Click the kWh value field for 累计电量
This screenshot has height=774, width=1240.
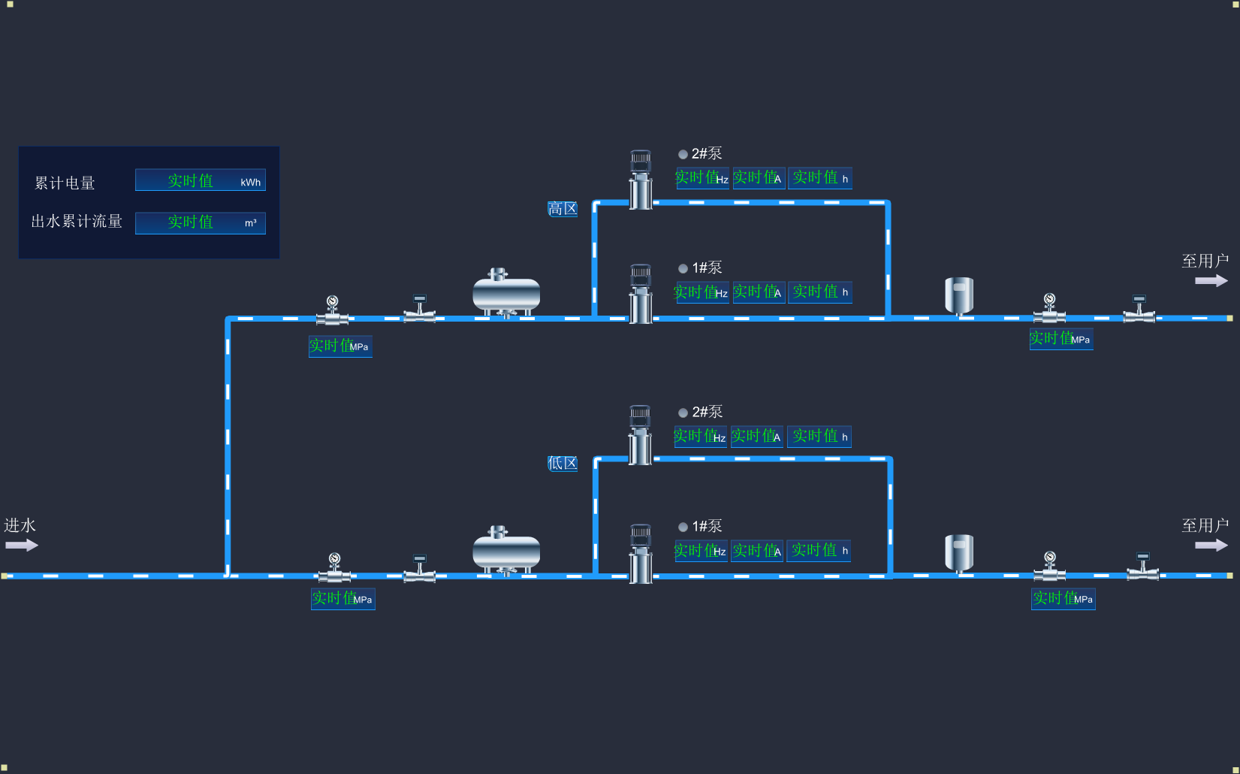pos(200,180)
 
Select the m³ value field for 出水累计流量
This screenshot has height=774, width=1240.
pos(200,222)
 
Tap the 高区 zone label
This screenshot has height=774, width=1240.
pos(563,209)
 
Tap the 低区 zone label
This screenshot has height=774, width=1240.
pos(563,463)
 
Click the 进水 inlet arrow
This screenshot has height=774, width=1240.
pos(22,545)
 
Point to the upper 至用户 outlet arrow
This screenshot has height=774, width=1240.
pos(1211,280)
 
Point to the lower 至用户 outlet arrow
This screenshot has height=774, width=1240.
pos(1211,545)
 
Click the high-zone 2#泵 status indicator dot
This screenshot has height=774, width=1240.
pos(683,154)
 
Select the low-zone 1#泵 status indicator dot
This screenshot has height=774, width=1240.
pos(683,527)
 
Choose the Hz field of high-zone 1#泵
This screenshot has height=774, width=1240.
pos(701,292)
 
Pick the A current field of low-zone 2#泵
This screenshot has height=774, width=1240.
pos(757,437)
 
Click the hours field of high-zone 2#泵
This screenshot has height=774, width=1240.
pos(820,178)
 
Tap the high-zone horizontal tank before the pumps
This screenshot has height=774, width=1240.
pos(506,294)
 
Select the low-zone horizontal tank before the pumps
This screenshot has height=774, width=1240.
pos(506,551)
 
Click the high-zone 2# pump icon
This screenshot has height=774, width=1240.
pos(641,180)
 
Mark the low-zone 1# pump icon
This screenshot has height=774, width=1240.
pos(641,554)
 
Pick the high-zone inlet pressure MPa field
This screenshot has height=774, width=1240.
pos(340,346)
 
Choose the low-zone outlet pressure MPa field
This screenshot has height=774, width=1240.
pos(1063,599)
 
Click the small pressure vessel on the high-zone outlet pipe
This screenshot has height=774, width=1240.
pos(959,295)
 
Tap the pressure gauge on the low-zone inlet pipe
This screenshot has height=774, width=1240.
pos(334,561)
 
